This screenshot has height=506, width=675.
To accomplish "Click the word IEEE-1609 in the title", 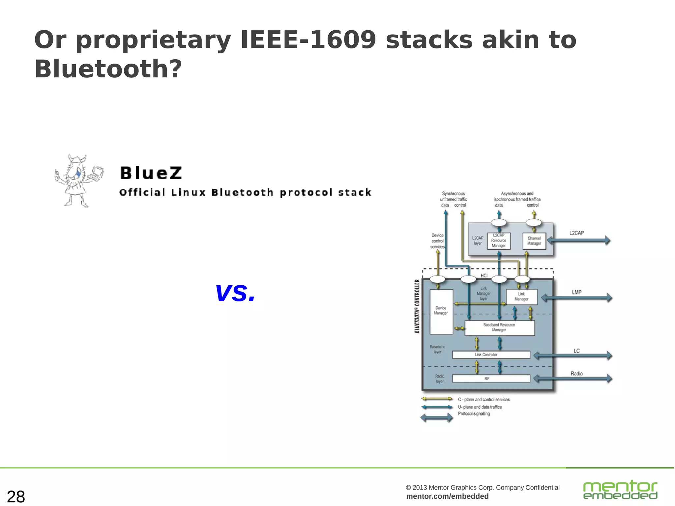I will point(308,40).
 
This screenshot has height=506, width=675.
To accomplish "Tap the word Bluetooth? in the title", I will point(108,69).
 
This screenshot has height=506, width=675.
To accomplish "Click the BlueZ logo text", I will point(151,173).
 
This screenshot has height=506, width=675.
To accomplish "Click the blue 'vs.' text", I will point(235,293).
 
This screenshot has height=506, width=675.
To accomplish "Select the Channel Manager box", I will point(534,241).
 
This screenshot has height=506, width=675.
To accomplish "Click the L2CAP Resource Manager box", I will point(498,241).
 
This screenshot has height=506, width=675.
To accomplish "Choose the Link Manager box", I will point(521,296).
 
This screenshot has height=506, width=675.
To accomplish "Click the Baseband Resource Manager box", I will point(499,328).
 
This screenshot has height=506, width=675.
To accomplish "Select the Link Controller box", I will point(491,355).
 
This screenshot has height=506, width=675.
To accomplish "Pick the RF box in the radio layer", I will point(491,379).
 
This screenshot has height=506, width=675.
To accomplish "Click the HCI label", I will point(484,275).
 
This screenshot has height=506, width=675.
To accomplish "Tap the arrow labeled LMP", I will point(577,298).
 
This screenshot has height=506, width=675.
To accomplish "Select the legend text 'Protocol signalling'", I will point(474,414).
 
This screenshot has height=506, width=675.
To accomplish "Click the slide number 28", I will point(16,496).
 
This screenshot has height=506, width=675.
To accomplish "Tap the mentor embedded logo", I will point(620,490).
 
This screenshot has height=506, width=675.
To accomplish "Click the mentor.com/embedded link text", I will point(447,496).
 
